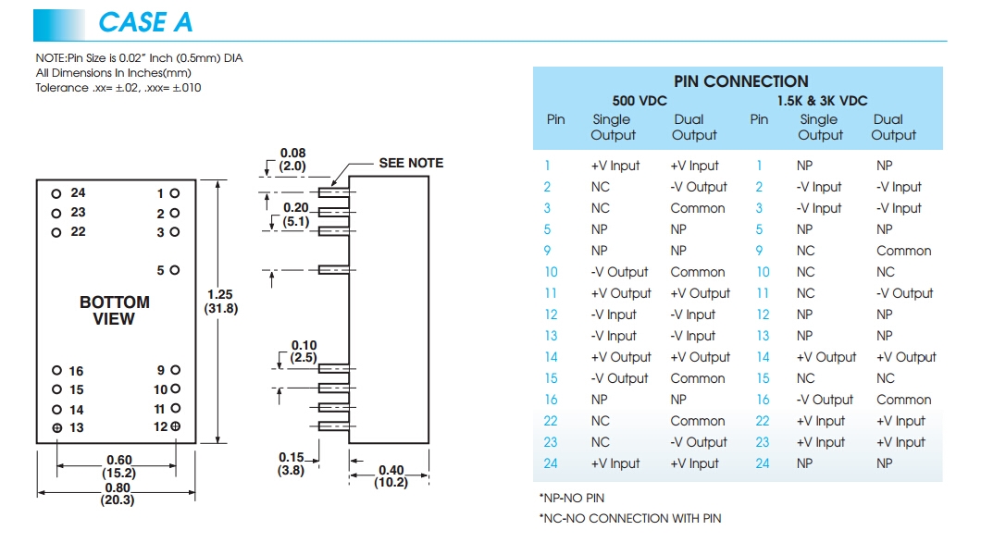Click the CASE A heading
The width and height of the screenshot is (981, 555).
point(145,21)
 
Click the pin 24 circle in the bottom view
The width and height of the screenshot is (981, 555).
point(56,193)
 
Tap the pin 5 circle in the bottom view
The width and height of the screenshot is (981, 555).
point(175,270)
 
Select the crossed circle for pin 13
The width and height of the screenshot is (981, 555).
point(56,428)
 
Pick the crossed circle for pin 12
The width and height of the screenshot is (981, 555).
point(175,426)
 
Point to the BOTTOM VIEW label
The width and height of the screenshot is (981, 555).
point(114,311)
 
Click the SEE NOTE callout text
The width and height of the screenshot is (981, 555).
point(411,163)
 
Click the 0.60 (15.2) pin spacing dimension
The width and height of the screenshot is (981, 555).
point(119,466)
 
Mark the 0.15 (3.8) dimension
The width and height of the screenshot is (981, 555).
point(292,462)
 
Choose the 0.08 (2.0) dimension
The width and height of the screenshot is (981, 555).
point(292,160)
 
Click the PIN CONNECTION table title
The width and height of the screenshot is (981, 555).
point(740,81)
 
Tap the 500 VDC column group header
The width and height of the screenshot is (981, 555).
point(640,100)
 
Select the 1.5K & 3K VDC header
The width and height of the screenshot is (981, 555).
point(822,100)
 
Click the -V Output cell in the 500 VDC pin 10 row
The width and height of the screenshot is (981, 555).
point(619,272)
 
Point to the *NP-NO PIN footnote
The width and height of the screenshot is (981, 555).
point(572,498)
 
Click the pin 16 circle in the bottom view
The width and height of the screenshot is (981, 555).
point(56,371)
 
